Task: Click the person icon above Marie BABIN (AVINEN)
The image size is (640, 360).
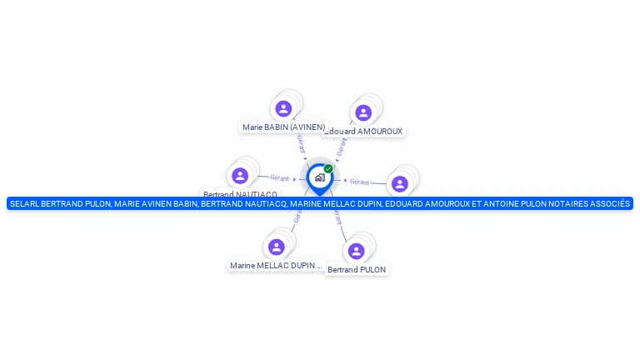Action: (x=283, y=108)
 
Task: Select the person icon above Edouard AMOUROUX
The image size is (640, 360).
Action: (x=363, y=112)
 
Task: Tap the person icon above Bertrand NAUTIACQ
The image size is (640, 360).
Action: (x=240, y=176)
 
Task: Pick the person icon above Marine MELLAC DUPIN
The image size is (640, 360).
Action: (x=277, y=247)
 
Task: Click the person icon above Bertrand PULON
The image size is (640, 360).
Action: (x=356, y=251)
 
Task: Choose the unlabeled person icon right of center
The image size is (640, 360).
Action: (x=400, y=184)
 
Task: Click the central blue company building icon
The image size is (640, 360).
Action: (x=319, y=177)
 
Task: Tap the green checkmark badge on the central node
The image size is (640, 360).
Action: (x=328, y=169)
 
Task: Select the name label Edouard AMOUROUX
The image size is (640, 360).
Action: (x=364, y=132)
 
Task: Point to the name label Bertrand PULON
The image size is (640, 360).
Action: (x=357, y=270)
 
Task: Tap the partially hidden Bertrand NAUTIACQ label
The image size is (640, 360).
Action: (x=240, y=194)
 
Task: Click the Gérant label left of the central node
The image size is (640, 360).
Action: (x=280, y=177)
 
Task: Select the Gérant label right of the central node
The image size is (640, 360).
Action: (x=359, y=182)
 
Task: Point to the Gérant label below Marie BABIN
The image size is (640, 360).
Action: (x=300, y=142)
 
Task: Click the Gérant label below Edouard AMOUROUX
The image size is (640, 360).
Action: (x=340, y=148)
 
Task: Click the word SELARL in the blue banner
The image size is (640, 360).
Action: (x=24, y=203)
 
